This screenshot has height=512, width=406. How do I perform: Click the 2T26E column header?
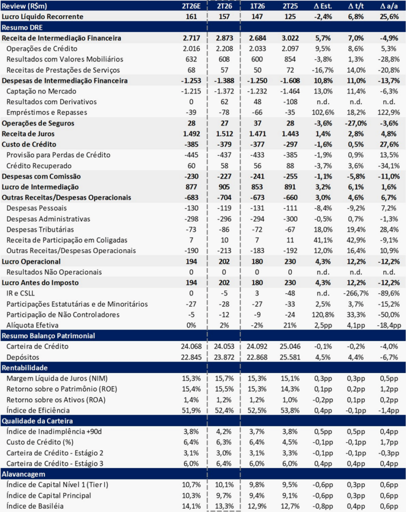pos(191,6)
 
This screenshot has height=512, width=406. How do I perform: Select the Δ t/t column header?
pos(355,6)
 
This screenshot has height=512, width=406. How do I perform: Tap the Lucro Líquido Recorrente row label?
pos(42,16)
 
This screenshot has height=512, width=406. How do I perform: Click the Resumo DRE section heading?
pos(22,27)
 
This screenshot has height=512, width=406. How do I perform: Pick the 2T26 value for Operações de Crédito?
pos(224,48)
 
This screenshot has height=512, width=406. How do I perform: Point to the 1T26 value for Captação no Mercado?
pos(257,91)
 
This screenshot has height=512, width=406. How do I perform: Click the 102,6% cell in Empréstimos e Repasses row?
pos(322,112)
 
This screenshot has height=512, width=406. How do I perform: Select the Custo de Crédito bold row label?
pos(29,144)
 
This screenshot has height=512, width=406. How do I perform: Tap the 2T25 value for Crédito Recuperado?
pos(290,165)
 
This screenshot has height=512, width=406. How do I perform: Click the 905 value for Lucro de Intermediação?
pos(224,187)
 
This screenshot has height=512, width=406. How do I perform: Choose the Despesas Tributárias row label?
pos(40,229)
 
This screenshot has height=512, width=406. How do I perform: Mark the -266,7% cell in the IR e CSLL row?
pos(355,293)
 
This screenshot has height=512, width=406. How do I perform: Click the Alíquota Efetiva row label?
pos(32,325)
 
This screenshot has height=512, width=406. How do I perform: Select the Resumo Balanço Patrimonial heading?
pos(48,335)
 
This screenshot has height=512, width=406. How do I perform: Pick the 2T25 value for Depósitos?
pos(290,357)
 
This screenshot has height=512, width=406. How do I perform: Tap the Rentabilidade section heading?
pos(24,367)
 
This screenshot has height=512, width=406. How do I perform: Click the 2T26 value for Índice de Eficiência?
pos(224,410)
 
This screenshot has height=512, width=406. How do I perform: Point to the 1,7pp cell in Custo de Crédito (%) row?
pos(389,442)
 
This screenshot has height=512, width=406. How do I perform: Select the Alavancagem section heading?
pos(23,474)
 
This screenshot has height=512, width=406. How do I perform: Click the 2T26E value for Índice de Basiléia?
pos(191,506)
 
